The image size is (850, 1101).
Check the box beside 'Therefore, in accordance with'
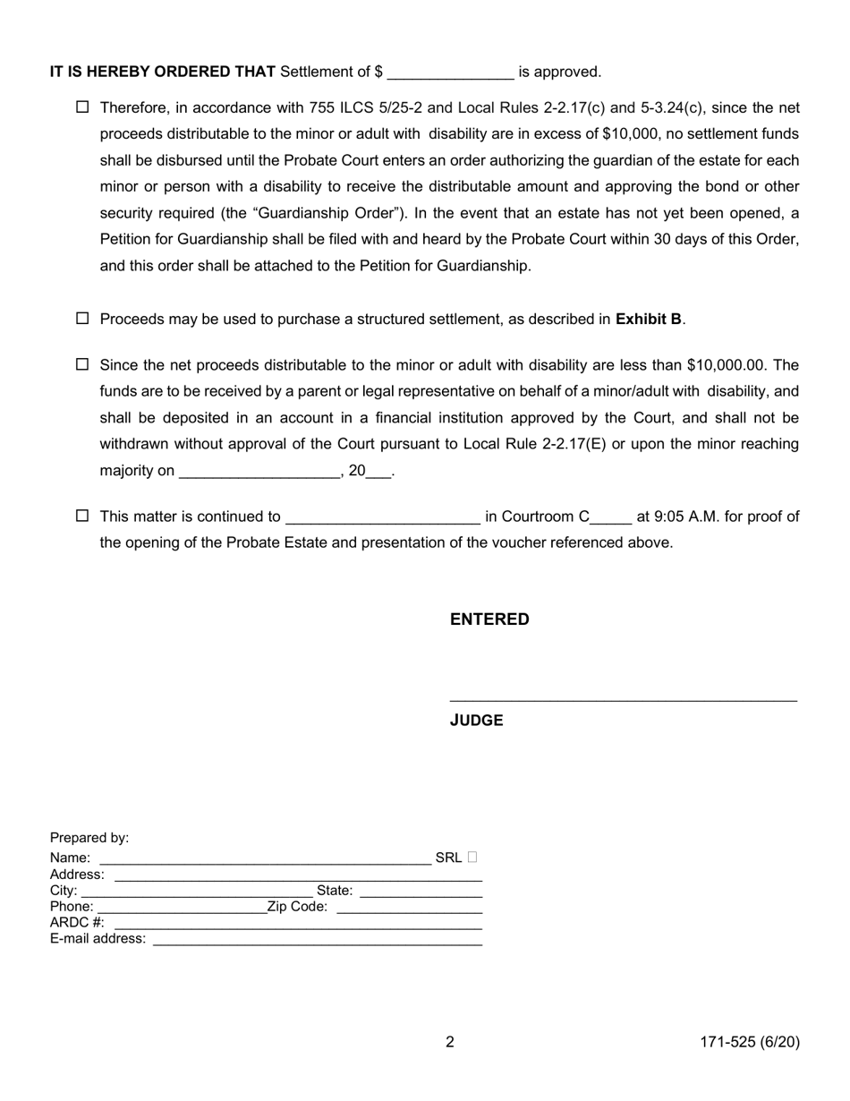click(x=82, y=107)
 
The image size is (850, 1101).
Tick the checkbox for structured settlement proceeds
click(x=82, y=319)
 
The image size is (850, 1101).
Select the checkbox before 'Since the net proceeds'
click(x=82, y=364)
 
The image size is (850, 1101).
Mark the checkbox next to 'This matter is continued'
click(x=82, y=516)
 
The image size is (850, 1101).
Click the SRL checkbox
click(x=472, y=858)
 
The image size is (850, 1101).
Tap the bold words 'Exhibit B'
click(x=649, y=319)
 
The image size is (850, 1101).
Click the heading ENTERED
click(x=489, y=619)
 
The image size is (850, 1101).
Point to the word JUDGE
click(x=476, y=721)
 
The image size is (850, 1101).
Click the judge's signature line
click(x=623, y=696)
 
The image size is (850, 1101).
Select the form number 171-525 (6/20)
click(x=749, y=1042)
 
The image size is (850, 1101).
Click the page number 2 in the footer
click(x=450, y=1042)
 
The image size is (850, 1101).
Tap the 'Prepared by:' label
click(x=89, y=838)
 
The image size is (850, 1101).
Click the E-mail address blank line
click(x=318, y=941)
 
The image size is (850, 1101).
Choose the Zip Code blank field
click(x=410, y=909)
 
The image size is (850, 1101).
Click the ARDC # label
click(x=77, y=922)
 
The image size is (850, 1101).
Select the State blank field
click(x=421, y=892)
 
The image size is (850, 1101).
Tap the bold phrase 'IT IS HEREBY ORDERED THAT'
click(x=163, y=73)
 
